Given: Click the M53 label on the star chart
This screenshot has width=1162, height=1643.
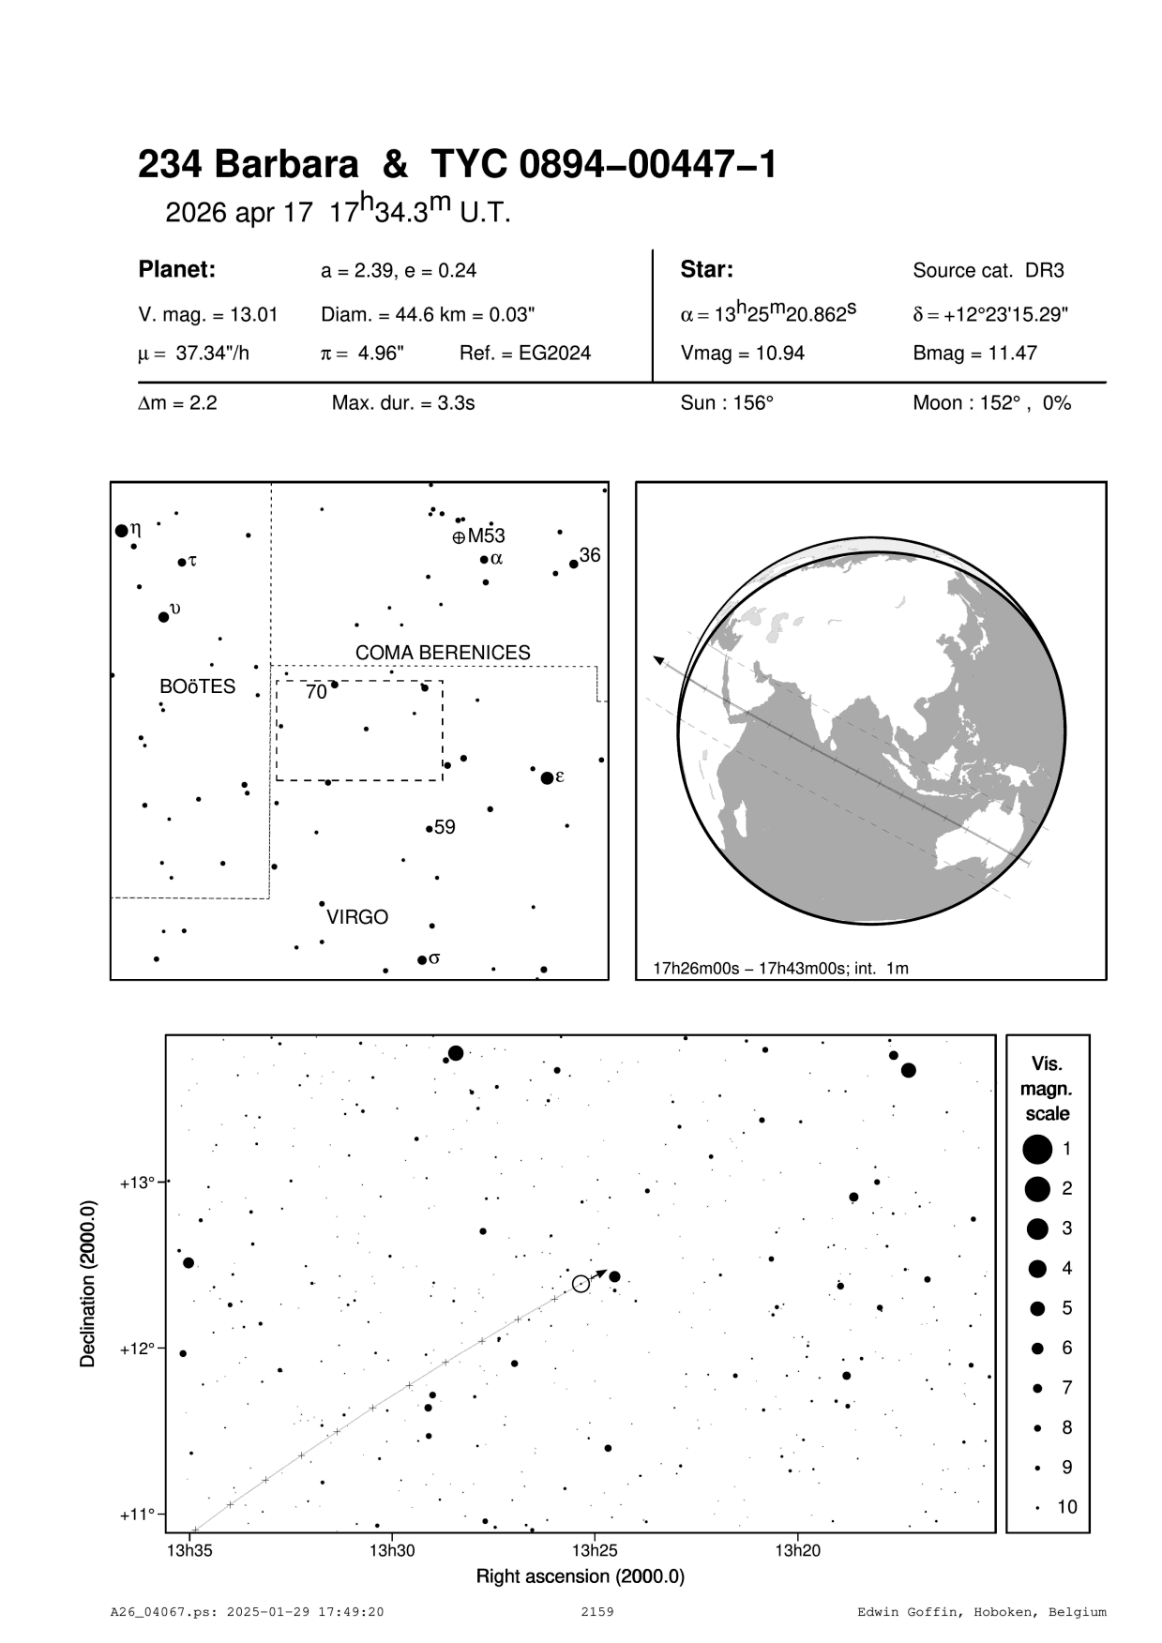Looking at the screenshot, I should [x=486, y=536].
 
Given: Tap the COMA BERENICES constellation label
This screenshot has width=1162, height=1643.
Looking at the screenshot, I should [x=443, y=653].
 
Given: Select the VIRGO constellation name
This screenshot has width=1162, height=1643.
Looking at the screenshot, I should [x=357, y=917].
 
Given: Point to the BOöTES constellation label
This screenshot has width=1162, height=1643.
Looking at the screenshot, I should [x=197, y=687].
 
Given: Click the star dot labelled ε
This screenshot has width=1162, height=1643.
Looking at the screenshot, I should [x=547, y=778].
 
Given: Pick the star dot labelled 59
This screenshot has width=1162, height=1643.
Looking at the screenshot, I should [x=429, y=829].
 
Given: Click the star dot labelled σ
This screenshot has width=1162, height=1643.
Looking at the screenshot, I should [x=422, y=959].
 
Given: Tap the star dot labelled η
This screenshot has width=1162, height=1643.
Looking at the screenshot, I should [x=121, y=531].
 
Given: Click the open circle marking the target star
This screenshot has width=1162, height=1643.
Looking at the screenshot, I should [x=581, y=1284].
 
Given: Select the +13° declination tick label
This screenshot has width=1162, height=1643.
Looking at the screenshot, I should [x=137, y=1183].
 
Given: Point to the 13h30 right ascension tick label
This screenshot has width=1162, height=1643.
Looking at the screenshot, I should [x=392, y=1550].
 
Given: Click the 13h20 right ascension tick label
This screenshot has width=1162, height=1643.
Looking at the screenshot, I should [x=797, y=1550].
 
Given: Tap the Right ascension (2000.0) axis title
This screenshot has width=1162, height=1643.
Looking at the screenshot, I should [x=580, y=1576].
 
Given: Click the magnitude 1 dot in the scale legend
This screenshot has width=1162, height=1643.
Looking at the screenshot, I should [x=1037, y=1148].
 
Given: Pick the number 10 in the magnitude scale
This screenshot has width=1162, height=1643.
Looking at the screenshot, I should [x=1067, y=1507].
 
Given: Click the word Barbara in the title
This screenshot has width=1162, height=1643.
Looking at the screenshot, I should [x=287, y=165].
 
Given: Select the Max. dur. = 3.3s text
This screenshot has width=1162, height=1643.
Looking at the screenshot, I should [x=403, y=404].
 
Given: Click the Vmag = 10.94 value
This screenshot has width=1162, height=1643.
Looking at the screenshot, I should [x=743, y=354].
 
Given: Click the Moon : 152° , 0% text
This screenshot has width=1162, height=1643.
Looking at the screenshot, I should [x=991, y=404].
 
